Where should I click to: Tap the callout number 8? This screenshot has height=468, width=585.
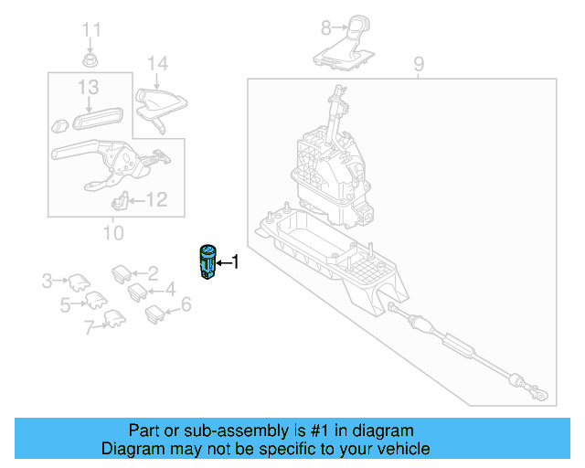[325, 27]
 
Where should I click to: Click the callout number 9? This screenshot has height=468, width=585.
[419, 64]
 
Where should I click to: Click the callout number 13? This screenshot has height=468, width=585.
[88, 88]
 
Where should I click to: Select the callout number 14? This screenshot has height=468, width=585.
[158, 64]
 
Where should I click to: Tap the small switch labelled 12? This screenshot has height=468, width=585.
[119, 200]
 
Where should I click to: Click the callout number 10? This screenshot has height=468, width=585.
[112, 232]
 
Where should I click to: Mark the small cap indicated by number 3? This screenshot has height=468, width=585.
[76, 281]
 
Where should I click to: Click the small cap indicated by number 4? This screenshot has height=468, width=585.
[137, 292]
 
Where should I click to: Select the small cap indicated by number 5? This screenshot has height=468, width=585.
[94, 298]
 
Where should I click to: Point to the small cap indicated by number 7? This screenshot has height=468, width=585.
[114, 318]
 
